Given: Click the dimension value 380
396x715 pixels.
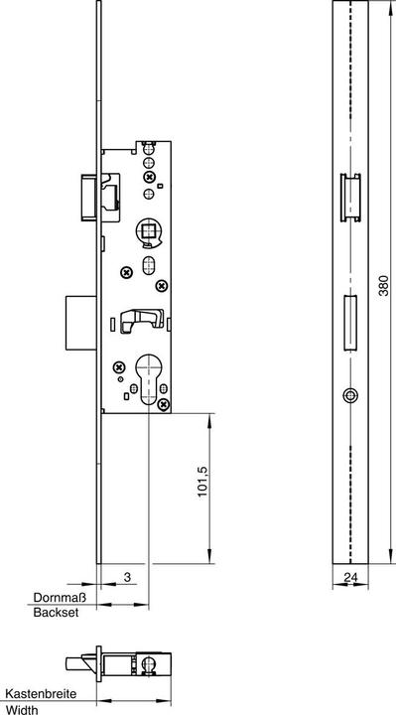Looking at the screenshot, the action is [x=384, y=285].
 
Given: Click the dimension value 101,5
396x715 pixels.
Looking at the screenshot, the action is [x=202, y=482].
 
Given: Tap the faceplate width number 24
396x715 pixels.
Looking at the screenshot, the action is [x=350, y=577].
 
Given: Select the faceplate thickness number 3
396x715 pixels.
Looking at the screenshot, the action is [x=128, y=577].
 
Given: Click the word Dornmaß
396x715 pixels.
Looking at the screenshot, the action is [x=61, y=598].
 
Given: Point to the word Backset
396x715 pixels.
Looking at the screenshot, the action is [x=56, y=613].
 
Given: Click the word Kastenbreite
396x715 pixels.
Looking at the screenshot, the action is [x=41, y=694].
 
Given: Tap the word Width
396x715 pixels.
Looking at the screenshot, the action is [x=23, y=709].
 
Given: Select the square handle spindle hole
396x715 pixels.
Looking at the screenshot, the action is [x=149, y=232].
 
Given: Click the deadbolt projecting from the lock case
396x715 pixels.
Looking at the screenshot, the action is [x=81, y=323].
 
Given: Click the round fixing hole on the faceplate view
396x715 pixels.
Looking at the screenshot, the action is [x=350, y=395].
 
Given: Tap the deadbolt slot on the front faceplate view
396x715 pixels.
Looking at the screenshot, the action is [x=350, y=323].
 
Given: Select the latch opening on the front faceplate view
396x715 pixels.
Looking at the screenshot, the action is [x=350, y=198].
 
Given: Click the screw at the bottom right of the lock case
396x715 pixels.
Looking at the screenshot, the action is [x=164, y=404].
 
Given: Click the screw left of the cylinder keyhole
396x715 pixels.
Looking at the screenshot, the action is [x=118, y=366].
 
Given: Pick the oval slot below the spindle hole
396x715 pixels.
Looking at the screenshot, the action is [x=149, y=265].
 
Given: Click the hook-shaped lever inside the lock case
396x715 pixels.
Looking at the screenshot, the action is [x=142, y=321].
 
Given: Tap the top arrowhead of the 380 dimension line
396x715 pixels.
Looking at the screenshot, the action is [x=391, y=8].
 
